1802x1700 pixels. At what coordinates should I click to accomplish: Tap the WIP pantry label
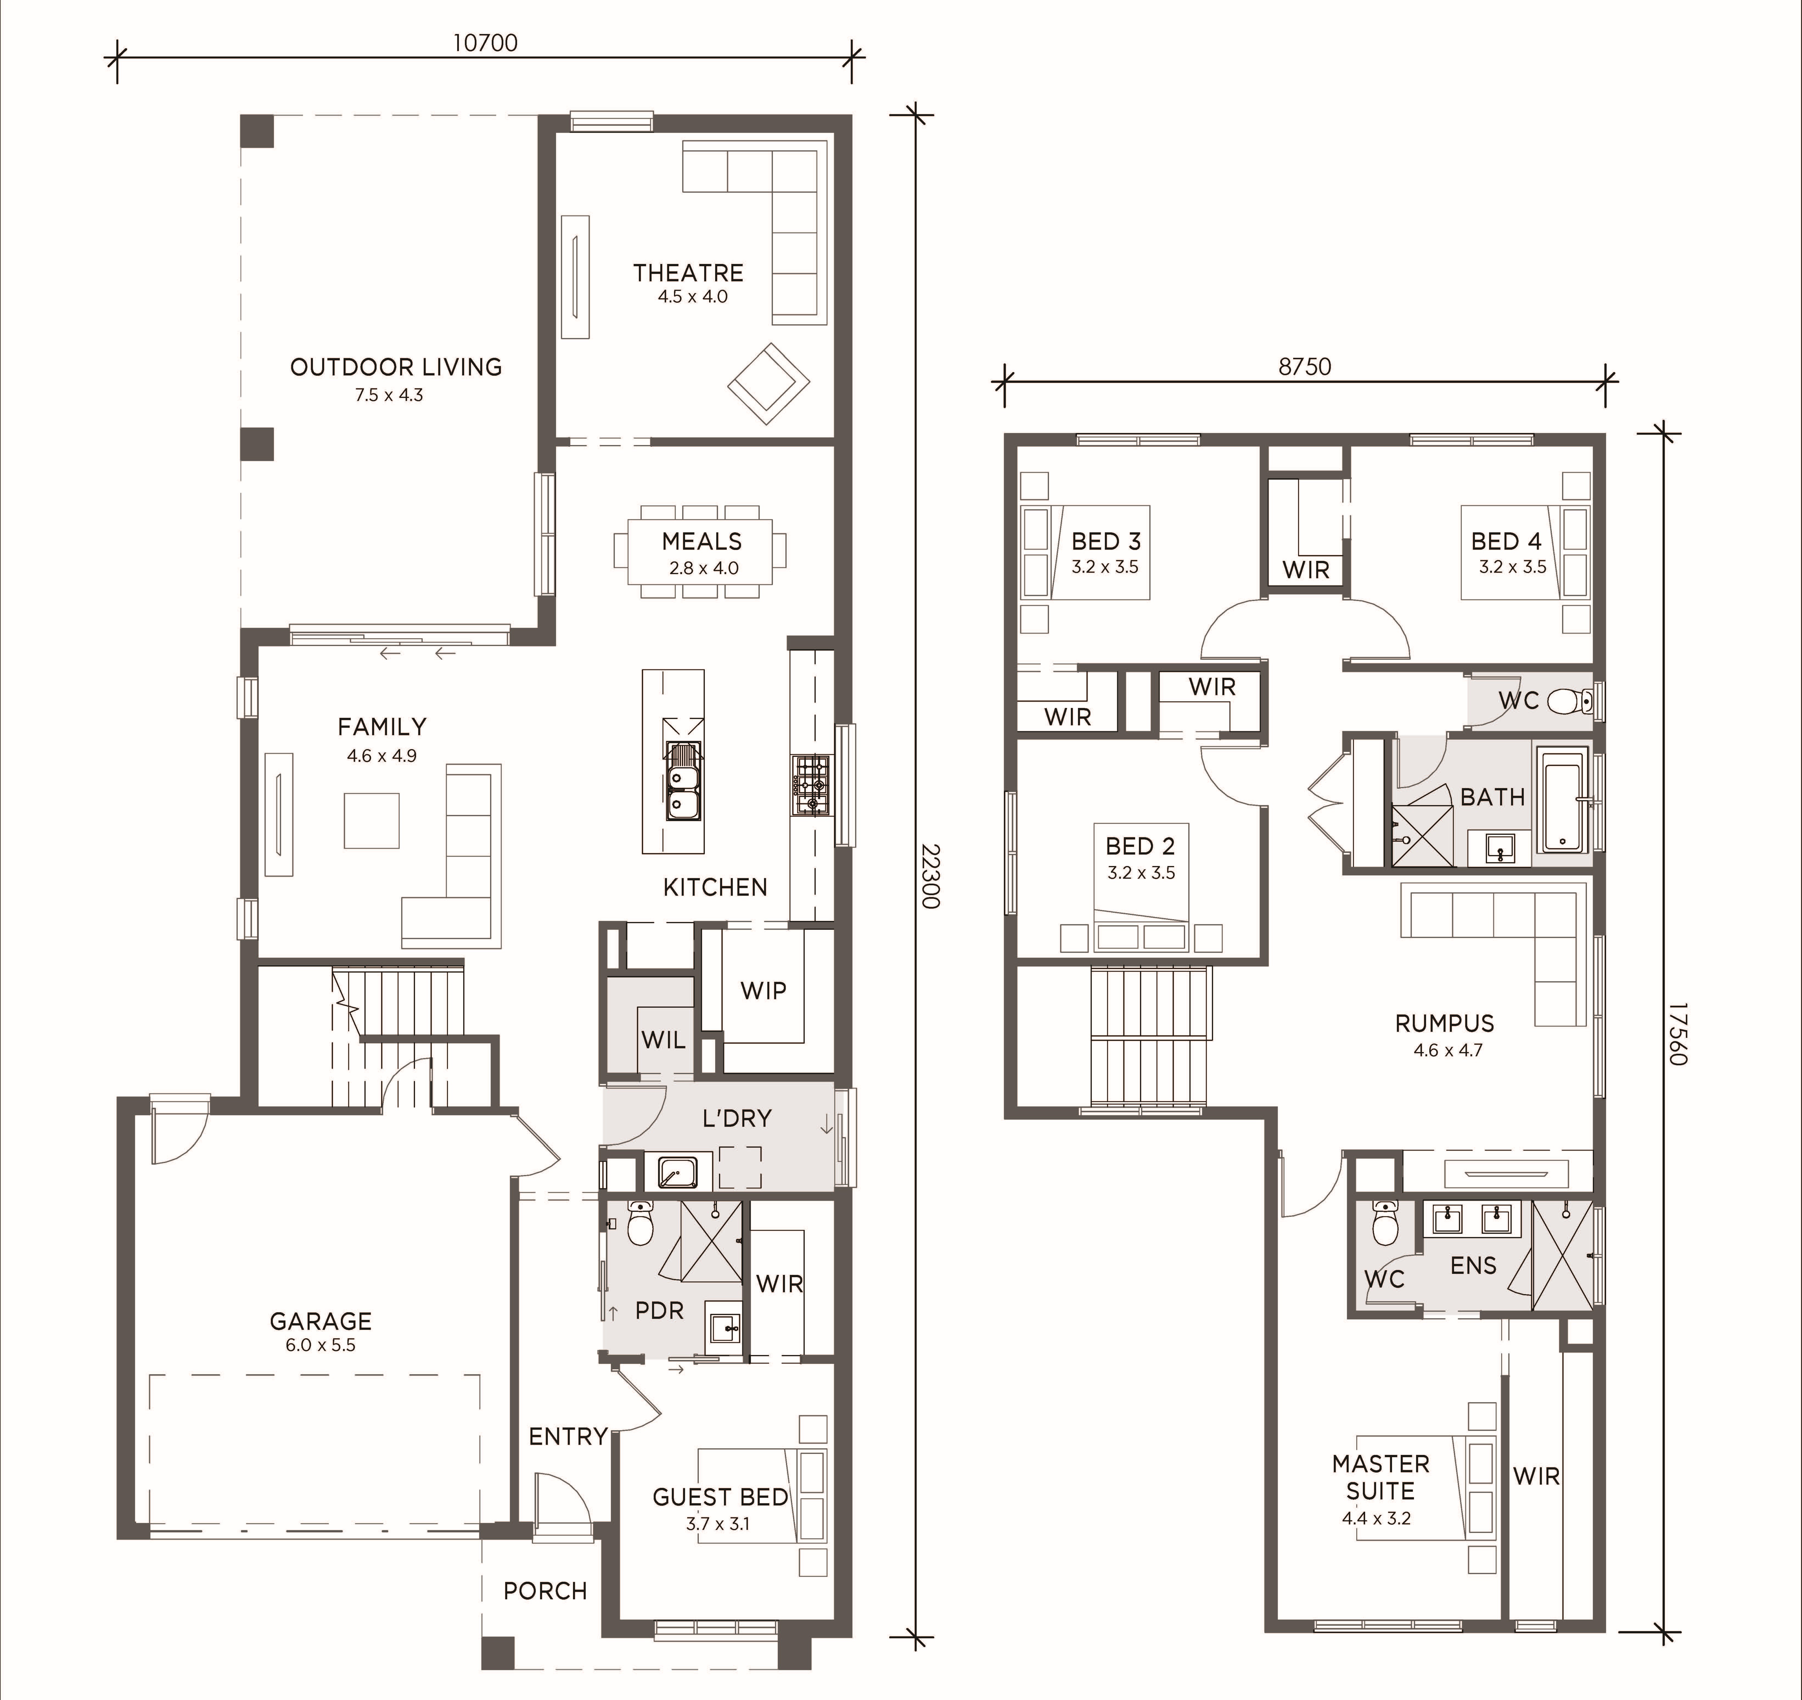click(x=763, y=990)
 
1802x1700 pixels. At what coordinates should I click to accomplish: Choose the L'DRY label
click(x=737, y=1118)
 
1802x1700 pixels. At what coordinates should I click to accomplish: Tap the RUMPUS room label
click(x=1444, y=1023)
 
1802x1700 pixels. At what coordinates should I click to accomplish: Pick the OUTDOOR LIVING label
click(x=396, y=367)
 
